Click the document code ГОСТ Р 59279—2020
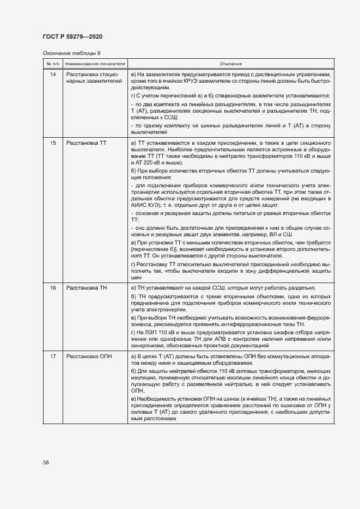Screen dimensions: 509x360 [72, 36]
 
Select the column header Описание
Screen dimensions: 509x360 [231, 64]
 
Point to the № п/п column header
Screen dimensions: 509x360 [52, 64]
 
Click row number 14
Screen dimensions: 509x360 [53, 73]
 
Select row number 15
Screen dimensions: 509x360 [53, 143]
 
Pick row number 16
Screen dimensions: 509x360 [53, 287]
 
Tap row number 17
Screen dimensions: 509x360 [53, 356]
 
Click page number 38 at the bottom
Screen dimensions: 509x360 [46, 463]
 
